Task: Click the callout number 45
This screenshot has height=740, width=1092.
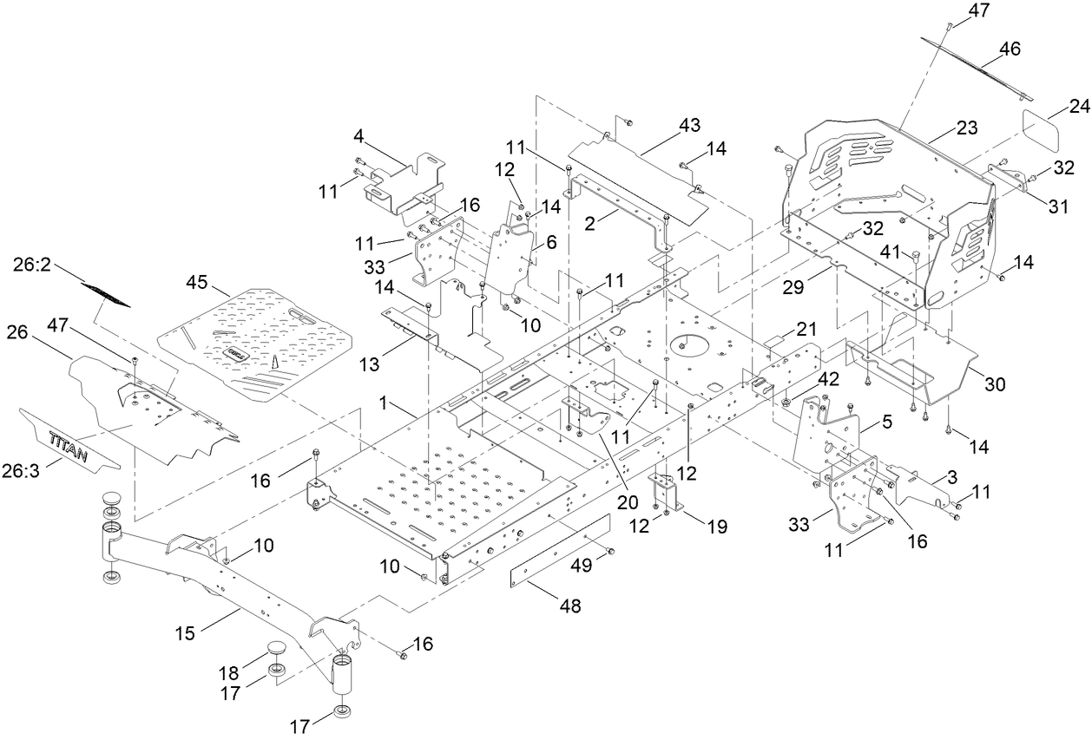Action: [x=198, y=284]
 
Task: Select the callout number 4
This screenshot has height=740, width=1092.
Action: [x=358, y=136]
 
